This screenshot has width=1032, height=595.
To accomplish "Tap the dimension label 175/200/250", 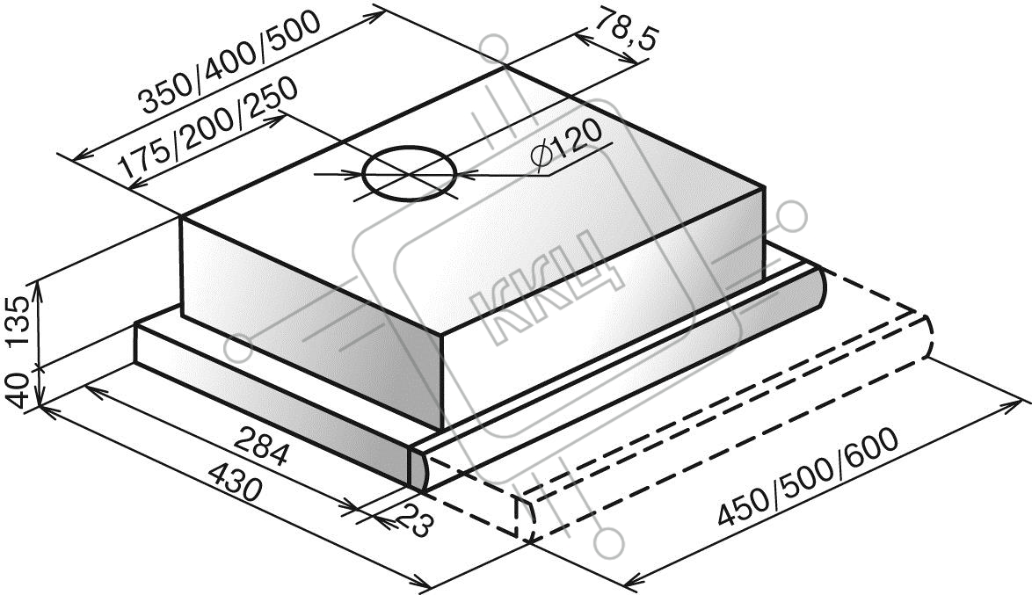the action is [x=208, y=135].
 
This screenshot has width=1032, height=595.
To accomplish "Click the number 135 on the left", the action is [x=18, y=323].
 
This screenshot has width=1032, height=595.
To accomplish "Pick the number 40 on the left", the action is [x=18, y=390].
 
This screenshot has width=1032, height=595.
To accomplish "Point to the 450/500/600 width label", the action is [x=806, y=478].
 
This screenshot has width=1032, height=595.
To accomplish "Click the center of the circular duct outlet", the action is [x=409, y=174].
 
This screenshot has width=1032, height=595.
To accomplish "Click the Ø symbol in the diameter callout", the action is [x=542, y=158].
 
